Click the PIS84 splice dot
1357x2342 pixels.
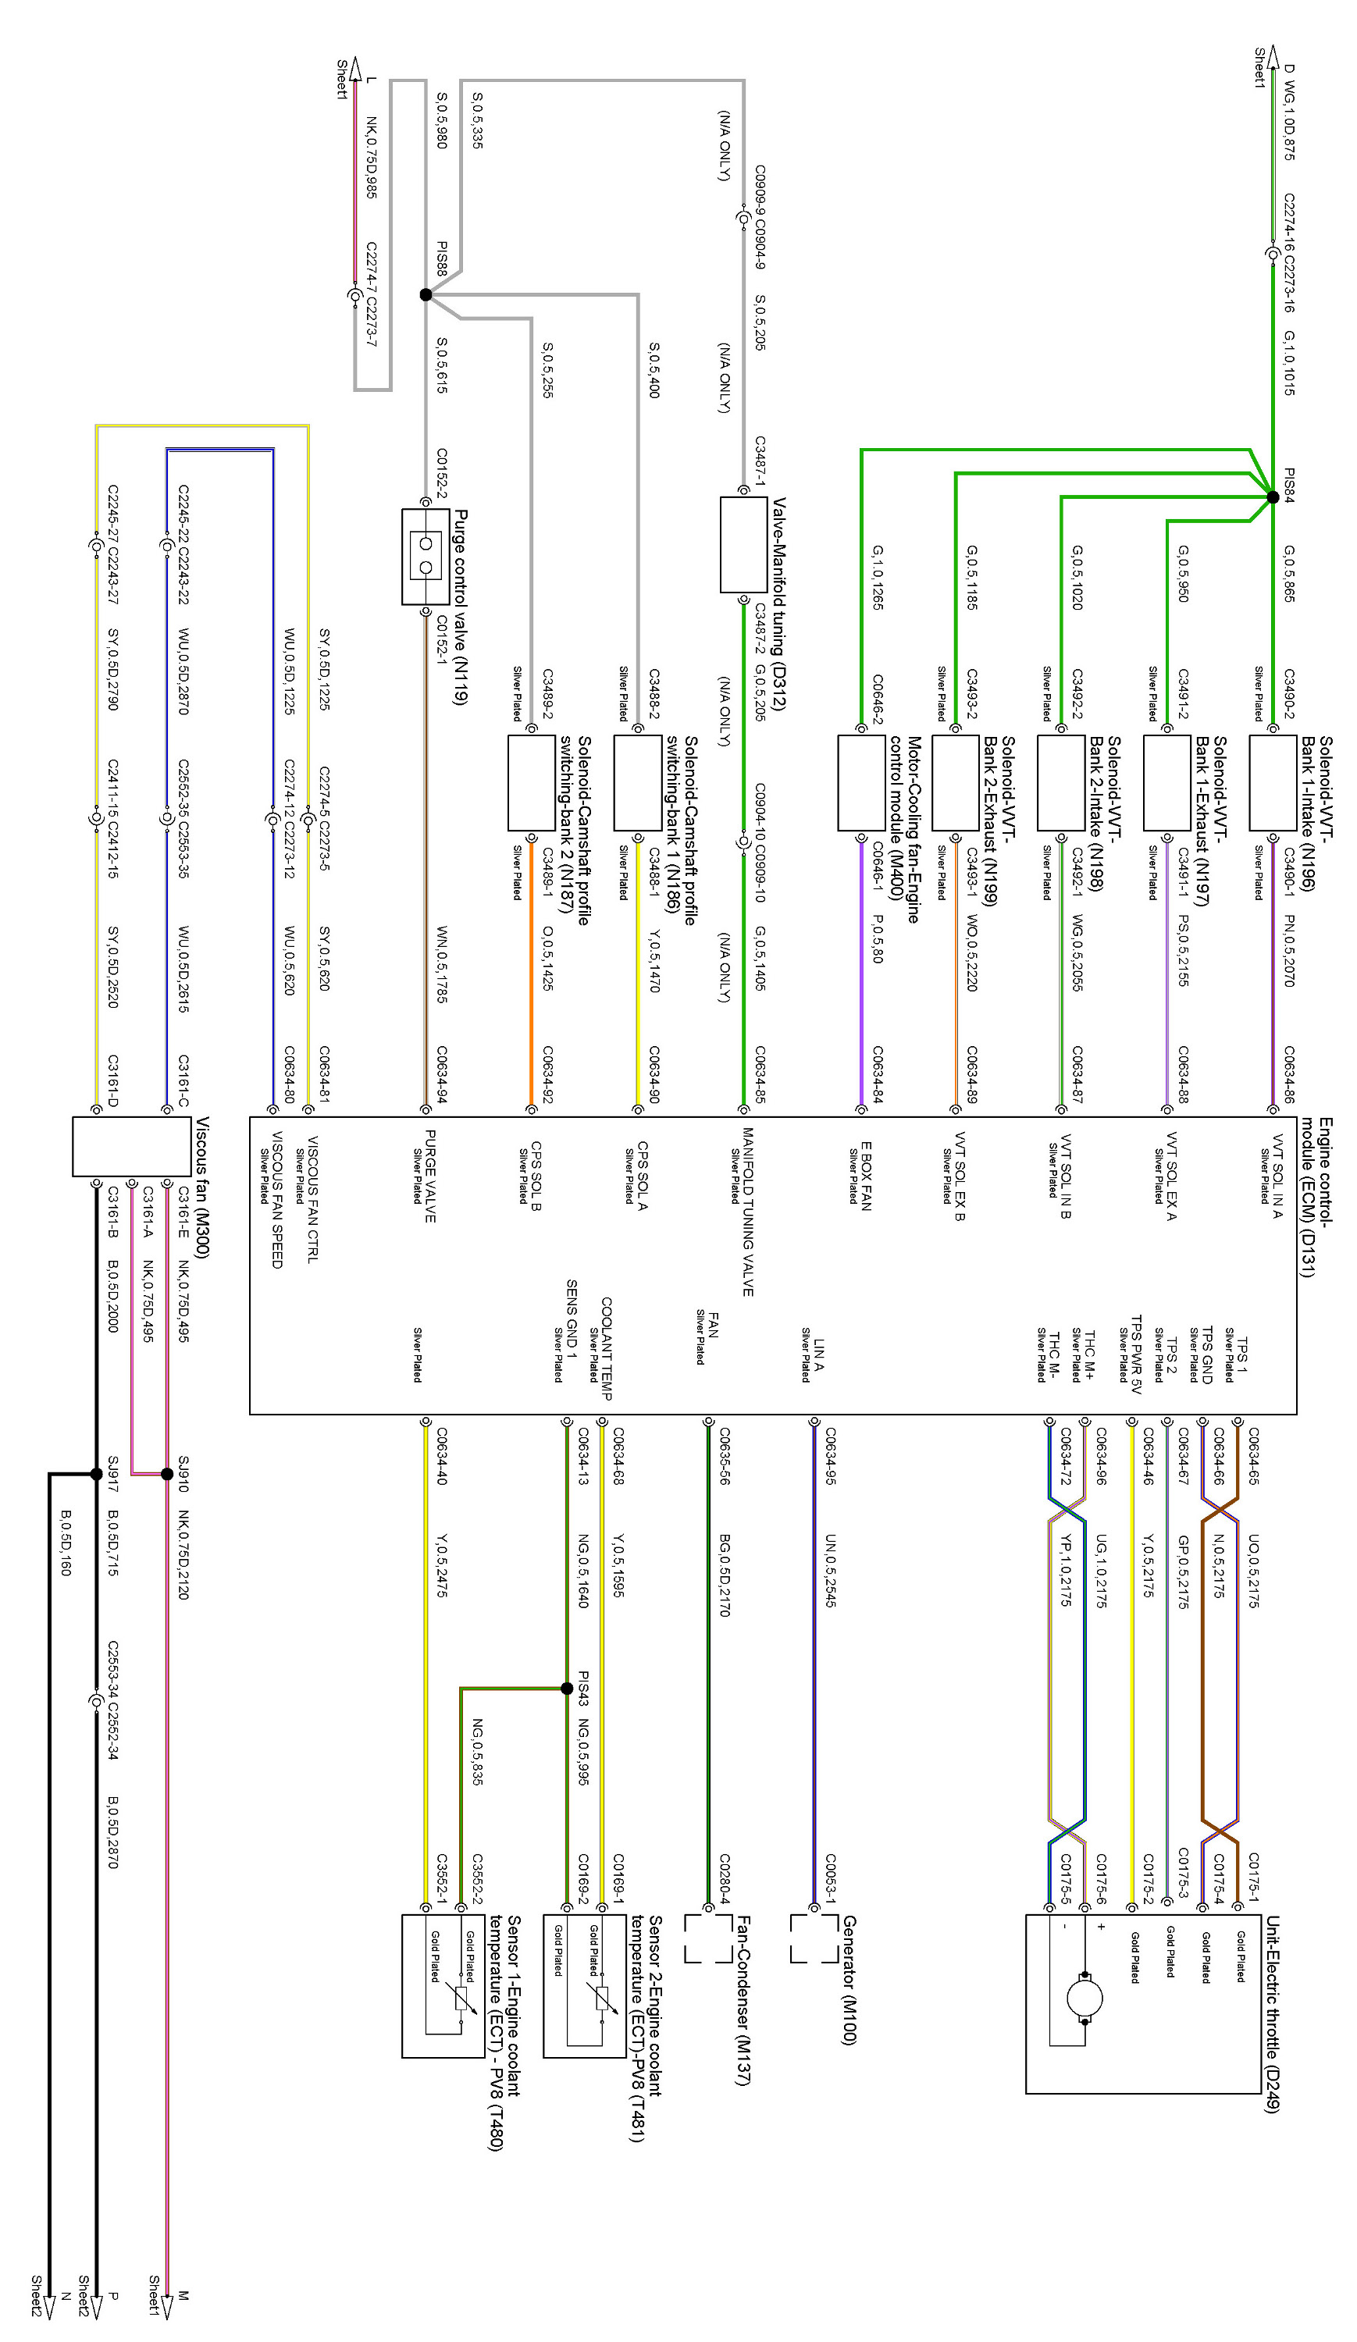tap(1271, 497)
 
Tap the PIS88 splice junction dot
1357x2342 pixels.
tap(426, 294)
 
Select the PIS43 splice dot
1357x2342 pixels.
tap(567, 1689)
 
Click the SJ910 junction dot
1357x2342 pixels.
tap(167, 1474)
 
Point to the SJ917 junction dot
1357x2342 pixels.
tap(97, 1474)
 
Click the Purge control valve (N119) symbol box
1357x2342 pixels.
tap(426, 557)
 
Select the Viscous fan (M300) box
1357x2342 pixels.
tap(132, 1146)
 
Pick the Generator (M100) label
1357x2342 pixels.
tap(848, 1980)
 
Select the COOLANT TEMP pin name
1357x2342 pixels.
tap(606, 1348)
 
